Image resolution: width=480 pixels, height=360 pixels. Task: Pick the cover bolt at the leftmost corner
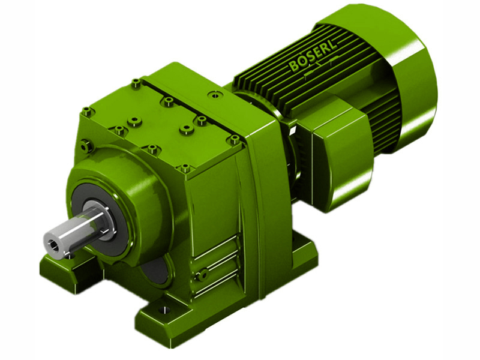pyautogui.click(x=88, y=111)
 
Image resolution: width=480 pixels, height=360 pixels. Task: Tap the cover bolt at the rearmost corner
pyautogui.click(x=137, y=83)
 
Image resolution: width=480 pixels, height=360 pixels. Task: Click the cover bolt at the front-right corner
pyautogui.click(x=185, y=169)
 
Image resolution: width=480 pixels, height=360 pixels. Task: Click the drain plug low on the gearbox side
pyautogui.click(x=204, y=274)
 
